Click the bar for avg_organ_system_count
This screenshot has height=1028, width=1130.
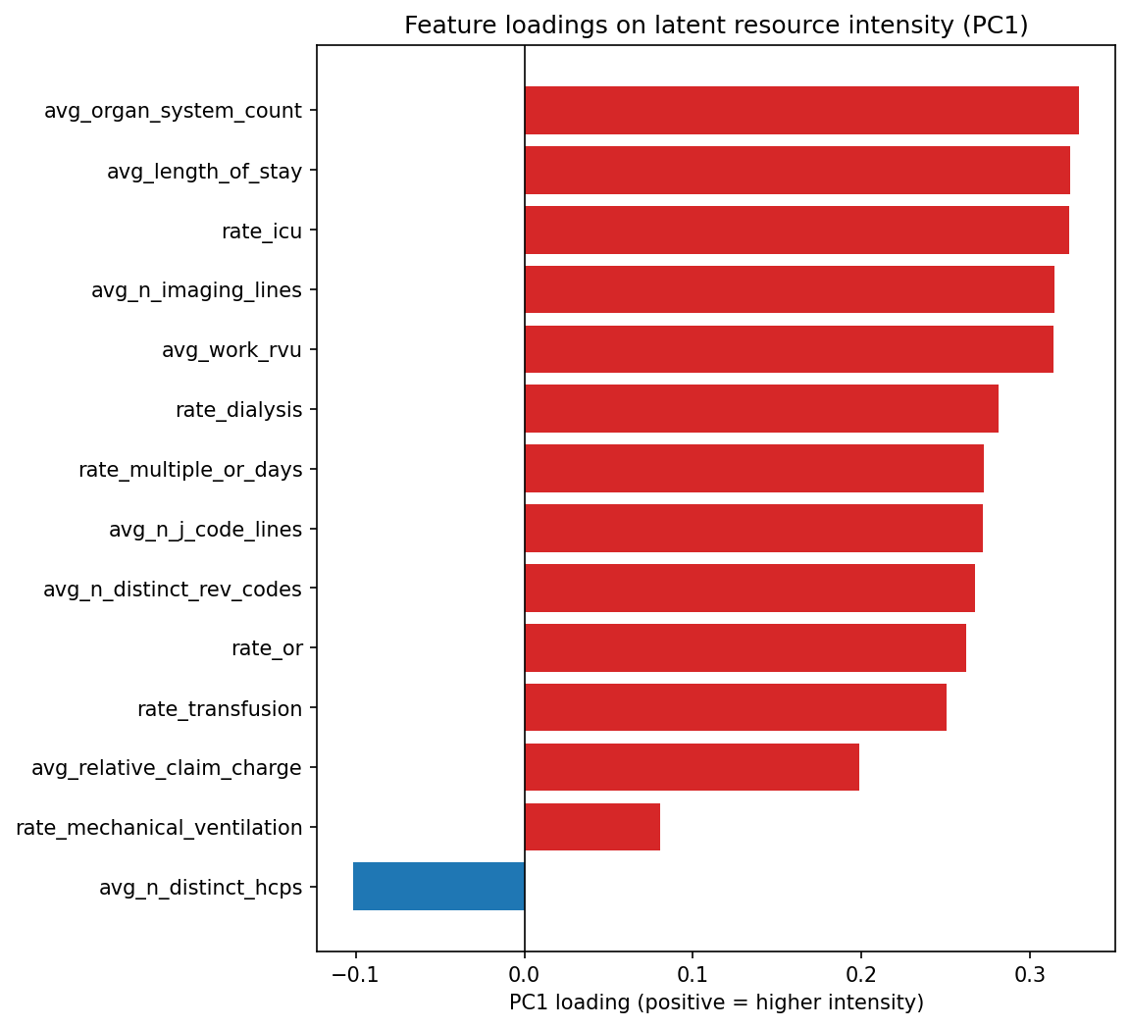click(801, 111)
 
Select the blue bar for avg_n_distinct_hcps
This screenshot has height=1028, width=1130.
click(438, 887)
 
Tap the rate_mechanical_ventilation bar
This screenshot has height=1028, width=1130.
click(592, 827)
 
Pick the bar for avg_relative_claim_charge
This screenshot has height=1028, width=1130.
click(692, 767)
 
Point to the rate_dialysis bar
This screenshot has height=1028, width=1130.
click(761, 409)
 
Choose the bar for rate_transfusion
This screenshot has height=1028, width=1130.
click(736, 707)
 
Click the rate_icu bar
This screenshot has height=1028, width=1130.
click(796, 231)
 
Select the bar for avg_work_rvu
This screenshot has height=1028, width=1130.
click(789, 349)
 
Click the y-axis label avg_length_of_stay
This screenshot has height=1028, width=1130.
click(204, 172)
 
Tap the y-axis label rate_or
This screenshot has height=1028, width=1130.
click(267, 648)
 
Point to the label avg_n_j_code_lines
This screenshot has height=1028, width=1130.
click(205, 530)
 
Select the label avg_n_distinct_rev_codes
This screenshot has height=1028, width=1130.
click(173, 590)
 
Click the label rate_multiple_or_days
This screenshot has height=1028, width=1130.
click(190, 470)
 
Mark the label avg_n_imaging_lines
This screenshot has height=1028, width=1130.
click(196, 290)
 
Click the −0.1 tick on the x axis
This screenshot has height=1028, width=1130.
click(354, 974)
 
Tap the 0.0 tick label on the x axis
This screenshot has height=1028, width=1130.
click(525, 974)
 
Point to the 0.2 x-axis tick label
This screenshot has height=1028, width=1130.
click(861, 974)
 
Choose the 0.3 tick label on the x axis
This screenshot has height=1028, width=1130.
click(1030, 974)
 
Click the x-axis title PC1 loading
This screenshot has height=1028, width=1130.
click(716, 1002)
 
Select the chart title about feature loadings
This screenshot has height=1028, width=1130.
click(716, 26)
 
